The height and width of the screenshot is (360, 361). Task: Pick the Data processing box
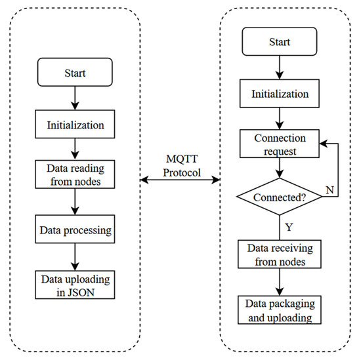(x=75, y=231)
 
